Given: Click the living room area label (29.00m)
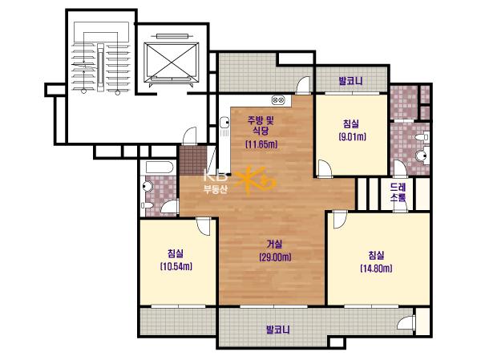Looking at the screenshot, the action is (x=275, y=257).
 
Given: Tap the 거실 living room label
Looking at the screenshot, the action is (x=274, y=245).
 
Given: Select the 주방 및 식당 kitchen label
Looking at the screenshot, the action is (x=261, y=125).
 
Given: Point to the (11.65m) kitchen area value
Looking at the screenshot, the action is (x=261, y=144).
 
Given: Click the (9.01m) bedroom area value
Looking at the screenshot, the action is (x=352, y=136).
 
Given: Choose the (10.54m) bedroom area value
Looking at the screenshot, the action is (x=176, y=266).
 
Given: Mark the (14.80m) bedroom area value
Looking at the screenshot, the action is (x=376, y=269).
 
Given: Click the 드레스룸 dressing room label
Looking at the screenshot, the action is (x=398, y=192).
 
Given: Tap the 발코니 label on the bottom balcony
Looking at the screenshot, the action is (x=277, y=330).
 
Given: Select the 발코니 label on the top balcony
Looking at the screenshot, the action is (x=350, y=81).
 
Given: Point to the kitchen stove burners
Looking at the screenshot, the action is (x=278, y=99).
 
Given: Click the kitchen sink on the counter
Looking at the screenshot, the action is (x=224, y=122).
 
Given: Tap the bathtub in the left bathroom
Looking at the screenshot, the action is (x=160, y=168).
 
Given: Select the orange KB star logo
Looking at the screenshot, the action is (x=257, y=182).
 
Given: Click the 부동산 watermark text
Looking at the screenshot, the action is (x=216, y=190).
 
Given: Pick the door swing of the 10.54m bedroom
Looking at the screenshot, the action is (x=204, y=226).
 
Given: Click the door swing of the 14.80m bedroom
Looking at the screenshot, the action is (x=340, y=220).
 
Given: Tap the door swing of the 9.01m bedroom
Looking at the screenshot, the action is (x=325, y=168).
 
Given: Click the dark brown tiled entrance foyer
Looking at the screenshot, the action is (x=192, y=160).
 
